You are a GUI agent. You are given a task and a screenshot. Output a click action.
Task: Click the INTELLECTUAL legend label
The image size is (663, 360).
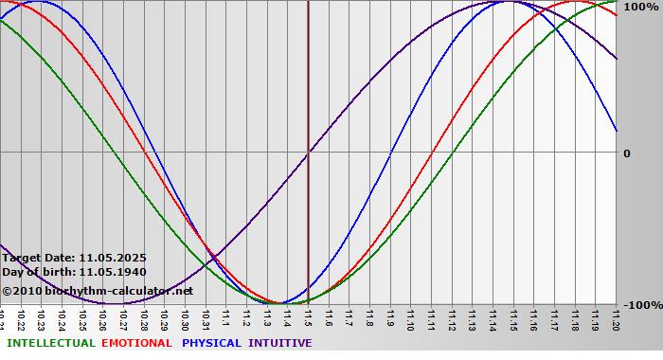point(50,343)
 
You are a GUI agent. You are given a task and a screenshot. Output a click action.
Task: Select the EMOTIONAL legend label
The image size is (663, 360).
point(136,343)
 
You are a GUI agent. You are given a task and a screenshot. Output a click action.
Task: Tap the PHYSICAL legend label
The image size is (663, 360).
point(211,343)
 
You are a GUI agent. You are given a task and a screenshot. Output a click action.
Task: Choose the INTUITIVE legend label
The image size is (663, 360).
point(279,343)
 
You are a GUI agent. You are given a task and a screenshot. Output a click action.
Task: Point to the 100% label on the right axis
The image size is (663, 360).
point(639,8)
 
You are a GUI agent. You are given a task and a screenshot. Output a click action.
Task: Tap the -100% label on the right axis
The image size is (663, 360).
point(640,305)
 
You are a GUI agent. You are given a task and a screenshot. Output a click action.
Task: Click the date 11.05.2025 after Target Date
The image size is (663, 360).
point(113,258)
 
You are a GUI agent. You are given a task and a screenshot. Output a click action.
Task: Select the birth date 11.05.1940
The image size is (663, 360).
point(113,272)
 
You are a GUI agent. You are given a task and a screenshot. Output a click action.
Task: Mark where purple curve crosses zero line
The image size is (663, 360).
point(309,152)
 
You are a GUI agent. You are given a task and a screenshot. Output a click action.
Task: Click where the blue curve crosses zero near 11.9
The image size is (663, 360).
point(390,152)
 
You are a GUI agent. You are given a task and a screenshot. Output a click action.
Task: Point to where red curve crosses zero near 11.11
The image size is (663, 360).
point(432,152)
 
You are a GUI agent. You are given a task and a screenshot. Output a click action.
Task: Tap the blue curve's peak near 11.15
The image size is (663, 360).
point(510,2)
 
